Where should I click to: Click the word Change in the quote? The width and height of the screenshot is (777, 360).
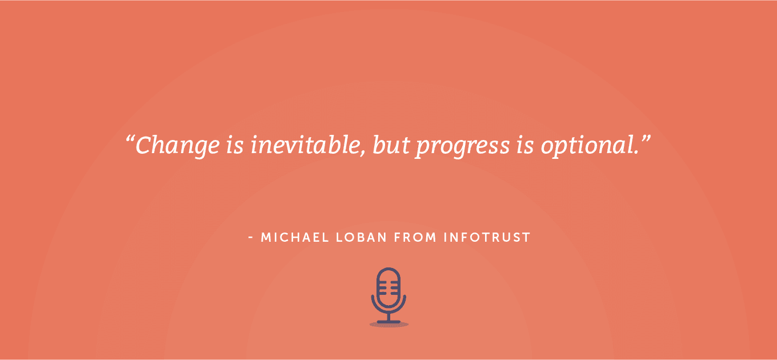point(177,145)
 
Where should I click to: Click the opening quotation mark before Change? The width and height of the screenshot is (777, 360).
point(130,139)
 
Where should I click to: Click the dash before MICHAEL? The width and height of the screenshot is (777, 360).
point(251,237)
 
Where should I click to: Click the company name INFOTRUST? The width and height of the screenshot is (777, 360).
point(487,237)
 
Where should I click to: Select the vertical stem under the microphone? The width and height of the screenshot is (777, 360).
point(388,316)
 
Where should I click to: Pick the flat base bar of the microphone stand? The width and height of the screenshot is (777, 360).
point(388,322)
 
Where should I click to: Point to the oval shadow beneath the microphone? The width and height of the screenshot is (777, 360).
point(388,325)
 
